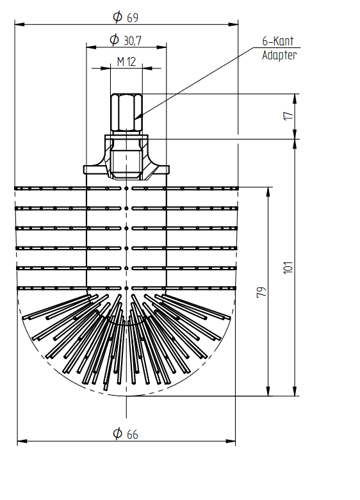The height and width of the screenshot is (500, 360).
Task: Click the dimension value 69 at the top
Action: click(x=133, y=17)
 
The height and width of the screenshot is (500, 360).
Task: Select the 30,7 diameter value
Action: click(x=133, y=40)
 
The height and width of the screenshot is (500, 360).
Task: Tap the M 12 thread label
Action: click(x=126, y=61)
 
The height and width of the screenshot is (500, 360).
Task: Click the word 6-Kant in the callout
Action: click(x=277, y=41)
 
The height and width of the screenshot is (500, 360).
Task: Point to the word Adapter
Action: click(x=279, y=55)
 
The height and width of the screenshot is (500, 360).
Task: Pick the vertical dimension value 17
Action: click(x=288, y=116)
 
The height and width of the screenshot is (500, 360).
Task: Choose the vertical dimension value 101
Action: click(x=288, y=267)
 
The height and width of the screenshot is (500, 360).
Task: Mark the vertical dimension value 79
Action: click(x=261, y=292)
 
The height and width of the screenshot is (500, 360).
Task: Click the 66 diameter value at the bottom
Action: click(x=133, y=434)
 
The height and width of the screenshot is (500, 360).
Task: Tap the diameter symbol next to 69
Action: click(x=117, y=17)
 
